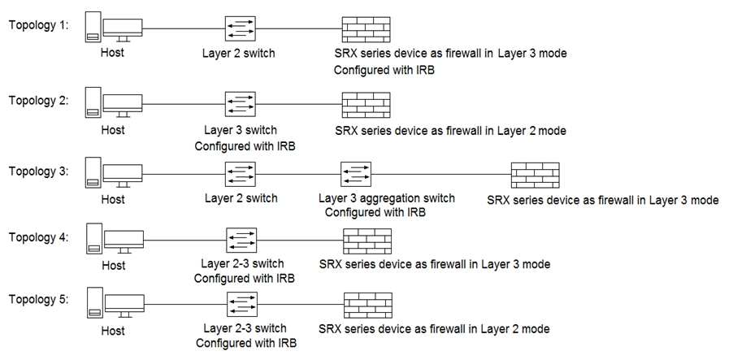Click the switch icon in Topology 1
click(x=241, y=29)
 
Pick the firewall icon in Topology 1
click(x=366, y=29)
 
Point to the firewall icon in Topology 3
click(x=535, y=176)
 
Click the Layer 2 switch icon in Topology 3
click(x=241, y=176)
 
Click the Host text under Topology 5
click(x=113, y=331)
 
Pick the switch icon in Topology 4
click(x=241, y=241)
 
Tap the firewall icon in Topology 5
click(x=366, y=307)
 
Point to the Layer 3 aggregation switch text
click(x=386, y=198)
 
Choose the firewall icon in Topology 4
click(x=366, y=241)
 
